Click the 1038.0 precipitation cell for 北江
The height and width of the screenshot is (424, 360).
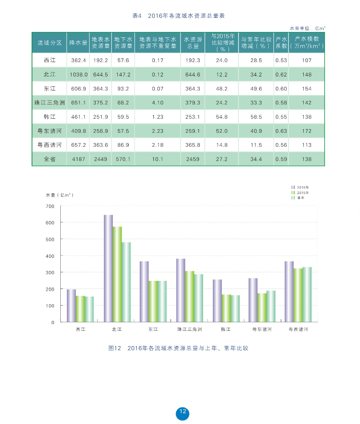[x=78, y=74]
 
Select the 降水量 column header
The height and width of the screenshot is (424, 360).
[x=78, y=43]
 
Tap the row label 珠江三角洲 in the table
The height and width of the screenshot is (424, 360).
[x=49, y=103]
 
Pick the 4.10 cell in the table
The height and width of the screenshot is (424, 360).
[x=157, y=103]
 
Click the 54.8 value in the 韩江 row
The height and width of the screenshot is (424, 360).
[x=222, y=117]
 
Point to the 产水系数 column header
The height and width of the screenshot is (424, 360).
[x=281, y=43]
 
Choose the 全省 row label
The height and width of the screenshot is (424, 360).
[x=49, y=159]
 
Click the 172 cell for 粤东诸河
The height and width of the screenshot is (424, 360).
[x=306, y=131]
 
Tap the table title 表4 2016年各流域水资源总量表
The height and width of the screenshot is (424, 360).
[x=179, y=16]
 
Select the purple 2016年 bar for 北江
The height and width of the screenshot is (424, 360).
[x=108, y=268]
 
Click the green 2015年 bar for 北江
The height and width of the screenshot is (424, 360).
[x=117, y=274]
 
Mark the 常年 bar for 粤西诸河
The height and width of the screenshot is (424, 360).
[x=307, y=294]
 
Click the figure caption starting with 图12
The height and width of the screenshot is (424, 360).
[x=179, y=348]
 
